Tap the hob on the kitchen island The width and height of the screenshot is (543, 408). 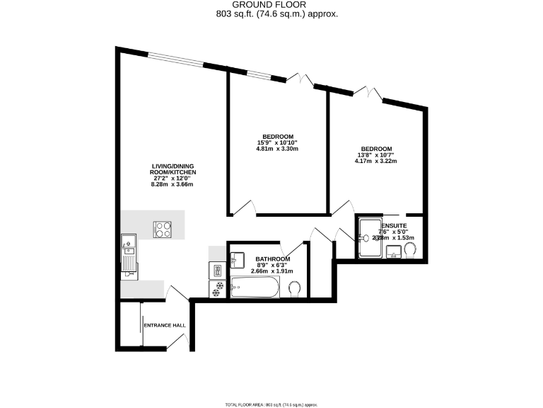163,229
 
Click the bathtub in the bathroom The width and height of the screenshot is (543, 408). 255,288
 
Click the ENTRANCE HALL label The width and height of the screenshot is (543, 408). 165,326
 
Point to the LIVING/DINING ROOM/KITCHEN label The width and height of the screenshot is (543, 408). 173,169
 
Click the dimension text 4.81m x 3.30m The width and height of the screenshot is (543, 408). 278,149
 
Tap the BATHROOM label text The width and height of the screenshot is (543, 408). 271,259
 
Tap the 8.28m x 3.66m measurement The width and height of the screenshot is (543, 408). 173,184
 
